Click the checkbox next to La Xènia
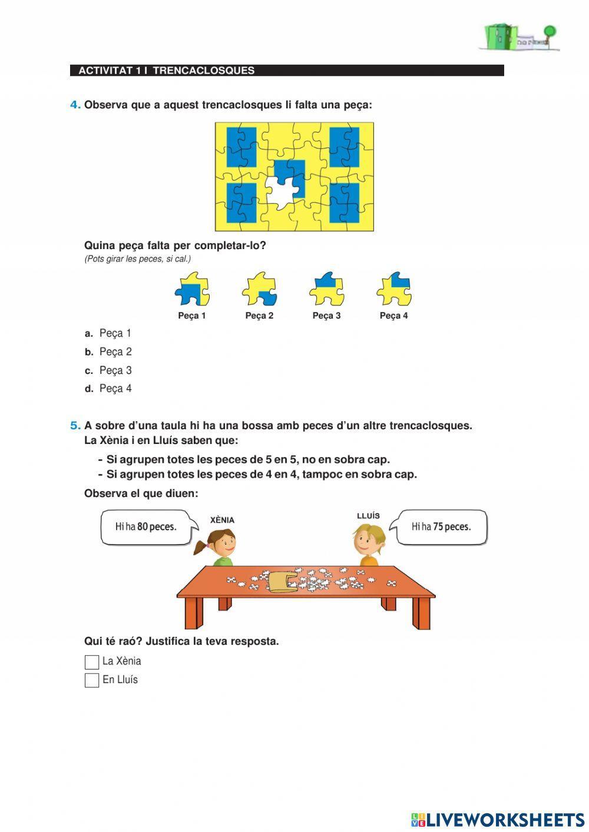pyautogui.click(x=92, y=662)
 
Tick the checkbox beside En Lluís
pyautogui.click(x=92, y=680)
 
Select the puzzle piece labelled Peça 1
pyautogui.click(x=192, y=289)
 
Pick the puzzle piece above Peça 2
pyautogui.click(x=259, y=289)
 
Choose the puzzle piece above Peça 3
pyautogui.click(x=326, y=289)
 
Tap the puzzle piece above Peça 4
pyautogui.click(x=393, y=289)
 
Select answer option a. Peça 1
pyautogui.click(x=115, y=333)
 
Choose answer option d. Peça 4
pyautogui.click(x=115, y=389)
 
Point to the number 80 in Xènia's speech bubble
pyautogui.click(x=143, y=527)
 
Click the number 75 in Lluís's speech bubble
pyautogui.click(x=438, y=527)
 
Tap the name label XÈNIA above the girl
pyautogui.click(x=222, y=520)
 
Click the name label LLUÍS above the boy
pyautogui.click(x=368, y=516)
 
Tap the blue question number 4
pyautogui.click(x=75, y=105)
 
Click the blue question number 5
pyautogui.click(x=75, y=425)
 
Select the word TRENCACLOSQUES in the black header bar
pyautogui.click(x=203, y=71)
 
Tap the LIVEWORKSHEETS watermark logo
pyautogui.click(x=498, y=820)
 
